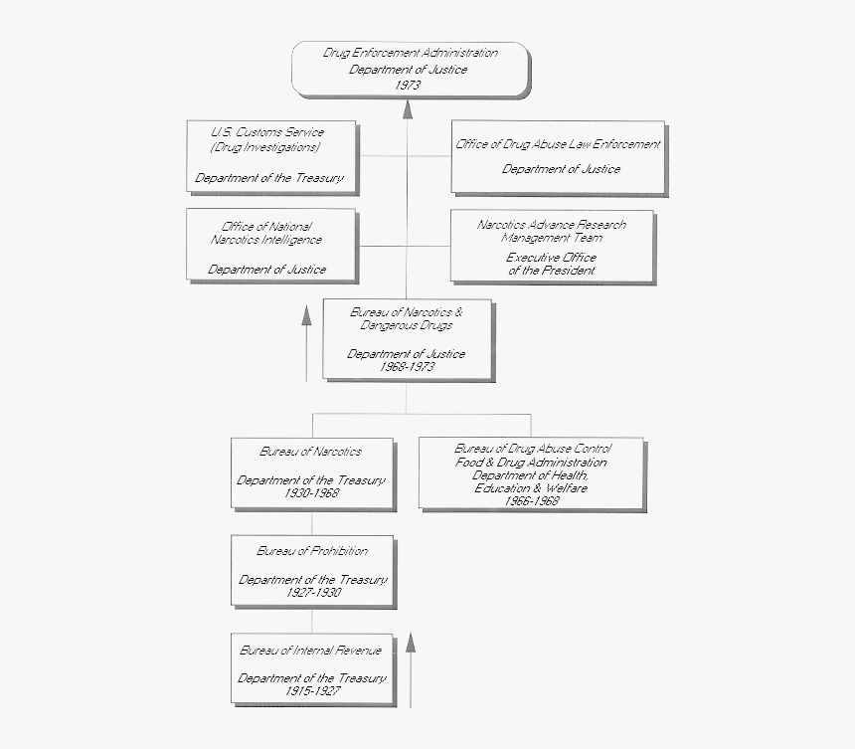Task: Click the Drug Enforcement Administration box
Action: (409, 69)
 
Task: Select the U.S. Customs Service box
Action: (269, 156)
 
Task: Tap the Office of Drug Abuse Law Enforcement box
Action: (558, 156)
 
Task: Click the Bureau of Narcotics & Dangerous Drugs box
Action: (407, 339)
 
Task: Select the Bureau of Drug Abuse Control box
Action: (532, 474)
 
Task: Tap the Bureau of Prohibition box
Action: (312, 570)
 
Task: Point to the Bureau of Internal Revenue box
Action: (312, 668)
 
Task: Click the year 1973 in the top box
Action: (407, 86)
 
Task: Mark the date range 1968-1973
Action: (407, 367)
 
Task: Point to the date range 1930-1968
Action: (311, 493)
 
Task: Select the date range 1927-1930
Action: (312, 592)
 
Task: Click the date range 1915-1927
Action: (312, 690)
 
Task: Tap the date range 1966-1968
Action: (532, 501)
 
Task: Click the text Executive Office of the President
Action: (552, 264)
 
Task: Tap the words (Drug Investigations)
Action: (265, 147)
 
